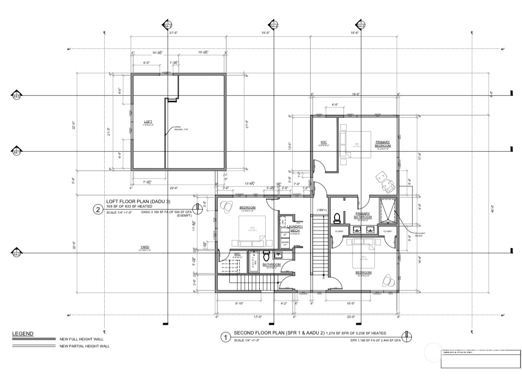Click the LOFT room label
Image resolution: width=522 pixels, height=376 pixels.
148,121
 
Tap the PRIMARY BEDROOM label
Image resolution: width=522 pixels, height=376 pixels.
383,143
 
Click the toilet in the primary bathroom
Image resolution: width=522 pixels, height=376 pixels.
337,218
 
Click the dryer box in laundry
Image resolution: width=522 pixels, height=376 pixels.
285,244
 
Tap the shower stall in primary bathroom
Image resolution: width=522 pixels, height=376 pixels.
387,211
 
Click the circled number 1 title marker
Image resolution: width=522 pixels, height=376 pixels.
226,337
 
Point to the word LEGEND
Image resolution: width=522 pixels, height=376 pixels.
22,333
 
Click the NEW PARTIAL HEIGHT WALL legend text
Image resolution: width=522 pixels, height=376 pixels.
84,346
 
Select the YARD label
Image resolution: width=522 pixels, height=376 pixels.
145,247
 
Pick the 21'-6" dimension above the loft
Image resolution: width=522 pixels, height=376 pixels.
174,33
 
